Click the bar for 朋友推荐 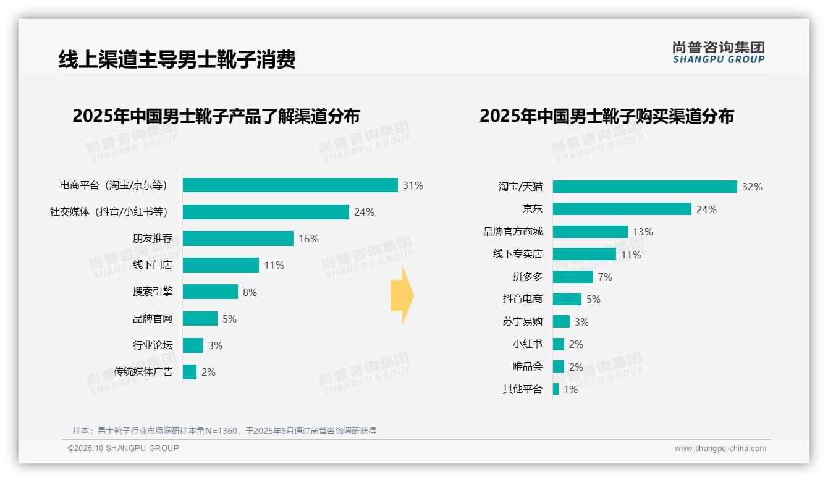click(238, 239)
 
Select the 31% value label click(413, 185)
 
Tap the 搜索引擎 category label click(152, 292)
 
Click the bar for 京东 click(622, 209)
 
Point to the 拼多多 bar click(573, 277)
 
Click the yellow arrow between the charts click(402, 295)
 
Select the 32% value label click(752, 187)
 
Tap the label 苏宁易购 click(522, 321)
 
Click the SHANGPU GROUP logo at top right click(718, 53)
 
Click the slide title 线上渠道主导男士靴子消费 click(177, 59)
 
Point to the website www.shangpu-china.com click(720, 449)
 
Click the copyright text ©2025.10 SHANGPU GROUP click(124, 448)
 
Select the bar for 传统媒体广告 click(190, 372)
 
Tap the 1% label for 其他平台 click(570, 389)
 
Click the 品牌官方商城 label click(512, 232)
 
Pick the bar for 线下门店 click(221, 265)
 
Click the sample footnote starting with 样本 click(224, 431)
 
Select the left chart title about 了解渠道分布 click(216, 116)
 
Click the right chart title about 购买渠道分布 click(606, 116)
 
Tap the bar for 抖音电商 click(567, 299)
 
